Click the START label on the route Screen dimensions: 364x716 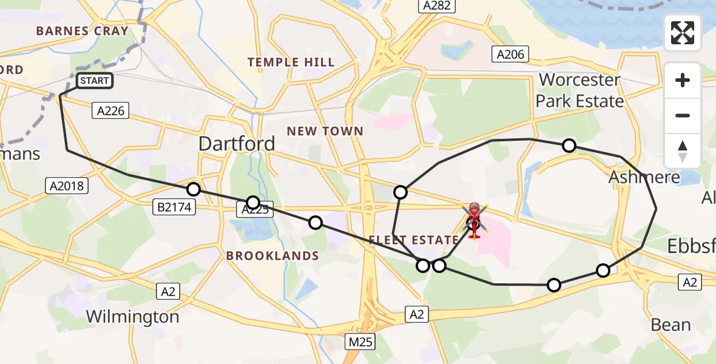click(94, 81)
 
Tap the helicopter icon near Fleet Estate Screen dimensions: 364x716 click(474, 220)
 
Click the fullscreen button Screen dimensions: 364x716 click(683, 33)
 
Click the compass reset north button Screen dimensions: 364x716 click(683, 150)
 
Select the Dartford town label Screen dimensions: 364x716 click(237, 144)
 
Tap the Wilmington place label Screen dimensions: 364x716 click(132, 317)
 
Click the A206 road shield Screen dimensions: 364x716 click(510, 55)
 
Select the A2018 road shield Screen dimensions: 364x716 click(67, 186)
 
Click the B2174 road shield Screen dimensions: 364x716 click(174, 207)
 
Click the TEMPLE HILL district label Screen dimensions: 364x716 click(291, 62)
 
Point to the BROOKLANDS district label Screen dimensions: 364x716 click(272, 256)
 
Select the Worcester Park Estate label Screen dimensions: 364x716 click(579, 90)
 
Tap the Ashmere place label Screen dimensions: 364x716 click(644, 178)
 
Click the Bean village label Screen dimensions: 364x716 click(670, 325)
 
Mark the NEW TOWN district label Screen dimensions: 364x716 click(325, 131)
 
